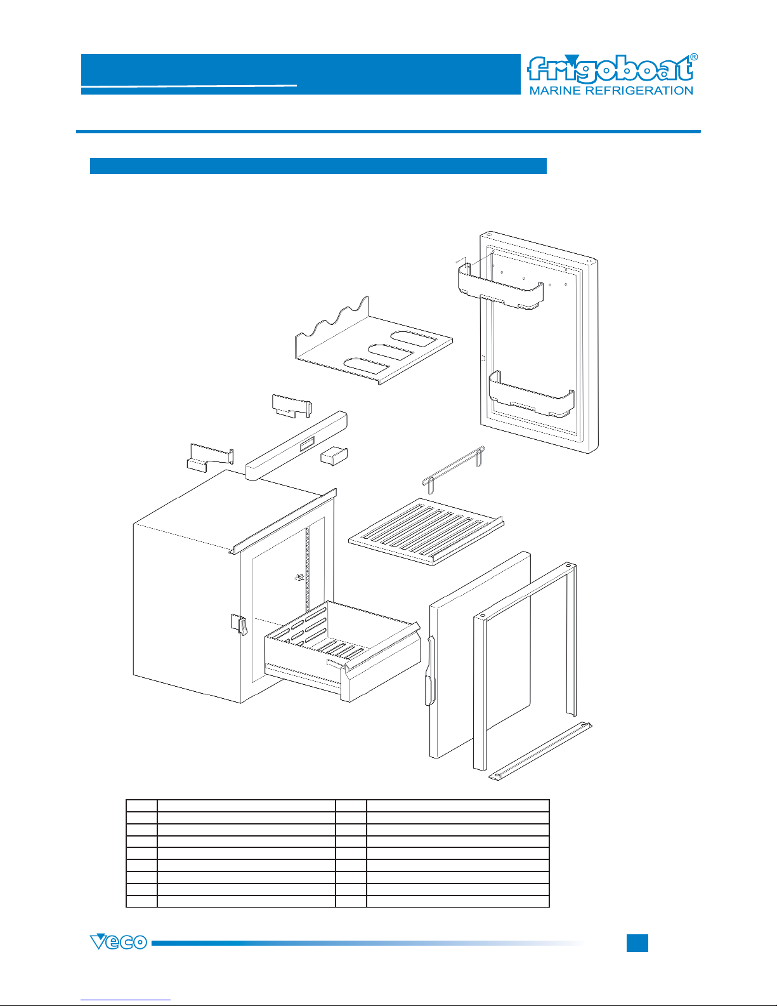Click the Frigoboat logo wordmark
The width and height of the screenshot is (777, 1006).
610,70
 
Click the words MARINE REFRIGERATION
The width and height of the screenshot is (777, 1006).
611,91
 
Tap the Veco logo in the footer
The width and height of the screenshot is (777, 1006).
119,942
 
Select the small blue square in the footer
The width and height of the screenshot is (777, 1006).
637,943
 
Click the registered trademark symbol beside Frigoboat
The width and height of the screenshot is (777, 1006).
694,57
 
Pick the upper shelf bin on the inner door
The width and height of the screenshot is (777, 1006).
500,287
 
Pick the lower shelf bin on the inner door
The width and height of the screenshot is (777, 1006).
532,395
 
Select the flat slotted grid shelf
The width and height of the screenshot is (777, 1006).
426,531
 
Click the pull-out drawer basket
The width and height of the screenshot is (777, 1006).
343,651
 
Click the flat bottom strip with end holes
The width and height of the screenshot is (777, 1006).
540,750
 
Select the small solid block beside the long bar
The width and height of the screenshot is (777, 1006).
334,456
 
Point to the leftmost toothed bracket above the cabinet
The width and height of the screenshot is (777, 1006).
210,458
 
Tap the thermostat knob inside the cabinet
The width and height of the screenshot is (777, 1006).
299,578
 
